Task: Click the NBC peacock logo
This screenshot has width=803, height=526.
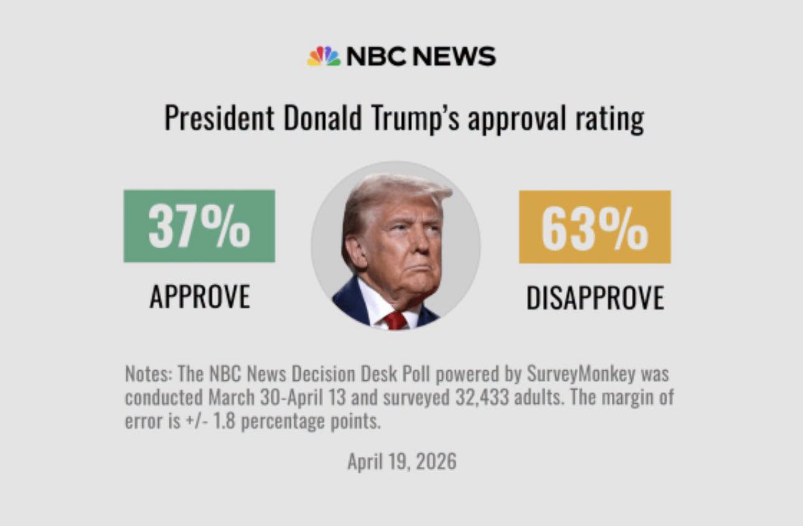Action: (324, 56)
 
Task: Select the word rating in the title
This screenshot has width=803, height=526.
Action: (610, 118)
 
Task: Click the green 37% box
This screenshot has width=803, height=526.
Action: (199, 226)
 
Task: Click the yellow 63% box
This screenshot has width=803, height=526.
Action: (594, 226)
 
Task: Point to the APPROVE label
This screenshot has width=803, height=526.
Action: (199, 297)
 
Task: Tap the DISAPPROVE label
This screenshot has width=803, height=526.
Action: (594, 298)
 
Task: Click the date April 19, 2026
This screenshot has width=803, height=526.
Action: (401, 462)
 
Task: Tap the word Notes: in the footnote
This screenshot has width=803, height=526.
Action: (149, 375)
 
